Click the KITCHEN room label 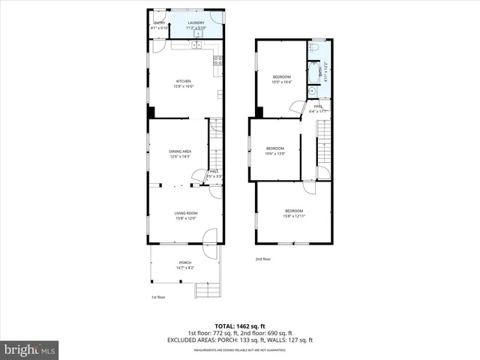tap(183, 81)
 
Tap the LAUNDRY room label tap(196, 23)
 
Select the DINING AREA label tap(180, 151)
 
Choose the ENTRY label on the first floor tap(159, 23)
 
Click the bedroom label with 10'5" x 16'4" tap(281, 76)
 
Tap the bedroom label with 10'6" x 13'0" tap(275, 148)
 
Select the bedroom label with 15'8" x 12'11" tap(293, 211)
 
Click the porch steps tap(205, 289)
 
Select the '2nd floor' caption tap(262, 259)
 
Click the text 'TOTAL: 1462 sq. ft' tap(239, 326)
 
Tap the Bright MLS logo tap(30, 349)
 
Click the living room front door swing tap(209, 238)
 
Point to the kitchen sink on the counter tap(196, 45)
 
